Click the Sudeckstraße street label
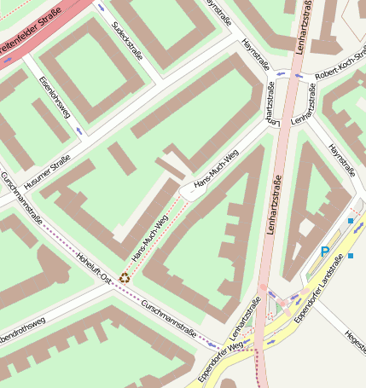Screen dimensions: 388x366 click(x=127, y=40)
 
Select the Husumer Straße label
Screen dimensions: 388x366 click(x=48, y=170)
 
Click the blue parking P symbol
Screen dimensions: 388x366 click(x=325, y=252)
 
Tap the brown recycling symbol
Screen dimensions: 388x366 click(x=125, y=276)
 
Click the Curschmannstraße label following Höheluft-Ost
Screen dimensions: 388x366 click(x=168, y=318)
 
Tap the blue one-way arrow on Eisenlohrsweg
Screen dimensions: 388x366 click(x=78, y=130)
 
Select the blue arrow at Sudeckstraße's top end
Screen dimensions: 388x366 click(x=102, y=7)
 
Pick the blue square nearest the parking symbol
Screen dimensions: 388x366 click(x=350, y=256)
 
